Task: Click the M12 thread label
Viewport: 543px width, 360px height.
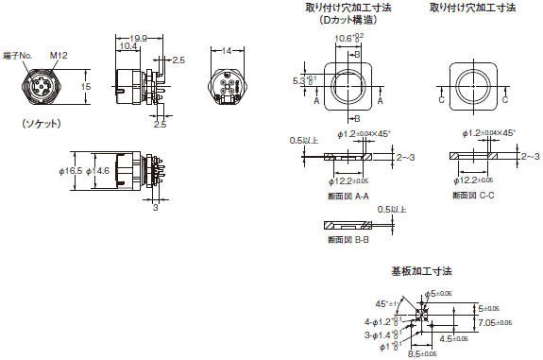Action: pos(59,56)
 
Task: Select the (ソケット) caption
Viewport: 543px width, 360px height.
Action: pos(42,124)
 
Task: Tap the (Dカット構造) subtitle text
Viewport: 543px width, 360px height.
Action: pos(348,20)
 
